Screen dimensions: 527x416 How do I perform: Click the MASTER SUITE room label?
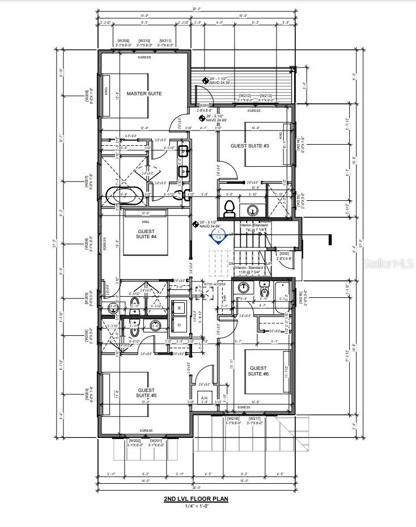[x=144, y=94]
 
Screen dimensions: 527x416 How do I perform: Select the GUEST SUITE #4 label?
[x=147, y=234]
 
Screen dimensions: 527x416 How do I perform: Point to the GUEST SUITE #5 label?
[x=147, y=393]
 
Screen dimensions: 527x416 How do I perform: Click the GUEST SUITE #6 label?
[x=258, y=371]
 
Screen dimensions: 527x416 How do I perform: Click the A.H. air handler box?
[x=205, y=398]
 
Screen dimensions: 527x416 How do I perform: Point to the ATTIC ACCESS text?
[x=215, y=284]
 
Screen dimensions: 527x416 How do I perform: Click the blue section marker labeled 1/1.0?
[x=216, y=235]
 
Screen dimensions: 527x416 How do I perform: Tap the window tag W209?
[x=123, y=41]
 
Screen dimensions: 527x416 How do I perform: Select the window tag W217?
[x=254, y=418]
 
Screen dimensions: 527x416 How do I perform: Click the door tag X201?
[x=204, y=106]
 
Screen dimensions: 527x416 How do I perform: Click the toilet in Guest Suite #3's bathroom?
[x=230, y=207]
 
